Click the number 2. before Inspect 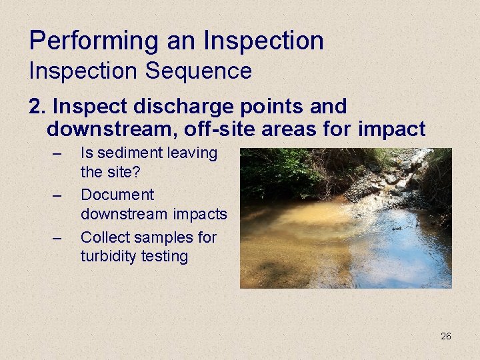click(37, 107)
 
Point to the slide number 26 click(445, 336)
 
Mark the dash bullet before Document click(58, 196)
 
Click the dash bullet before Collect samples click(58, 238)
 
